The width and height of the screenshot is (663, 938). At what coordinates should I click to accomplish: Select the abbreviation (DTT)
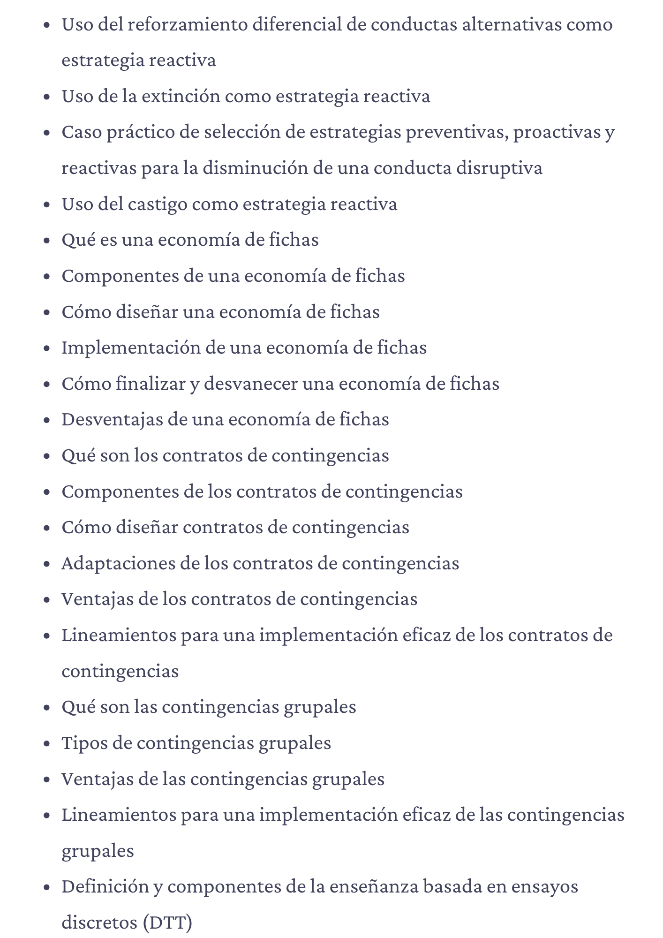(x=167, y=923)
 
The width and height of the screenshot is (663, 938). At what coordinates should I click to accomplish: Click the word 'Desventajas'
(x=112, y=419)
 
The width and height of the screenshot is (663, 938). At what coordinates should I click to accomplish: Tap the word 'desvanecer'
(x=250, y=384)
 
